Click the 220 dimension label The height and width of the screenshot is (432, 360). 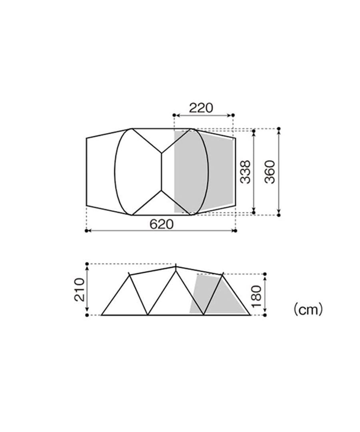coord(201,108)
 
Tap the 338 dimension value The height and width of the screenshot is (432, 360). coord(246,172)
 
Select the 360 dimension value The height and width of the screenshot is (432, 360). coord(270,172)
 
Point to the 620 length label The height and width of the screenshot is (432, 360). coord(162,224)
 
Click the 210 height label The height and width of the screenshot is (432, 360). coord(80,290)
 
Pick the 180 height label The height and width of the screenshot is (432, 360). coord(256,296)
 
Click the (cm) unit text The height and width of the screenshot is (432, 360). coord(308,309)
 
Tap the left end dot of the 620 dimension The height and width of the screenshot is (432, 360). coord(86,231)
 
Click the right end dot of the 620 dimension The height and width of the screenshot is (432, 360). coord(236,231)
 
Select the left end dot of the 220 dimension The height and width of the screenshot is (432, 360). coord(174,115)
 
